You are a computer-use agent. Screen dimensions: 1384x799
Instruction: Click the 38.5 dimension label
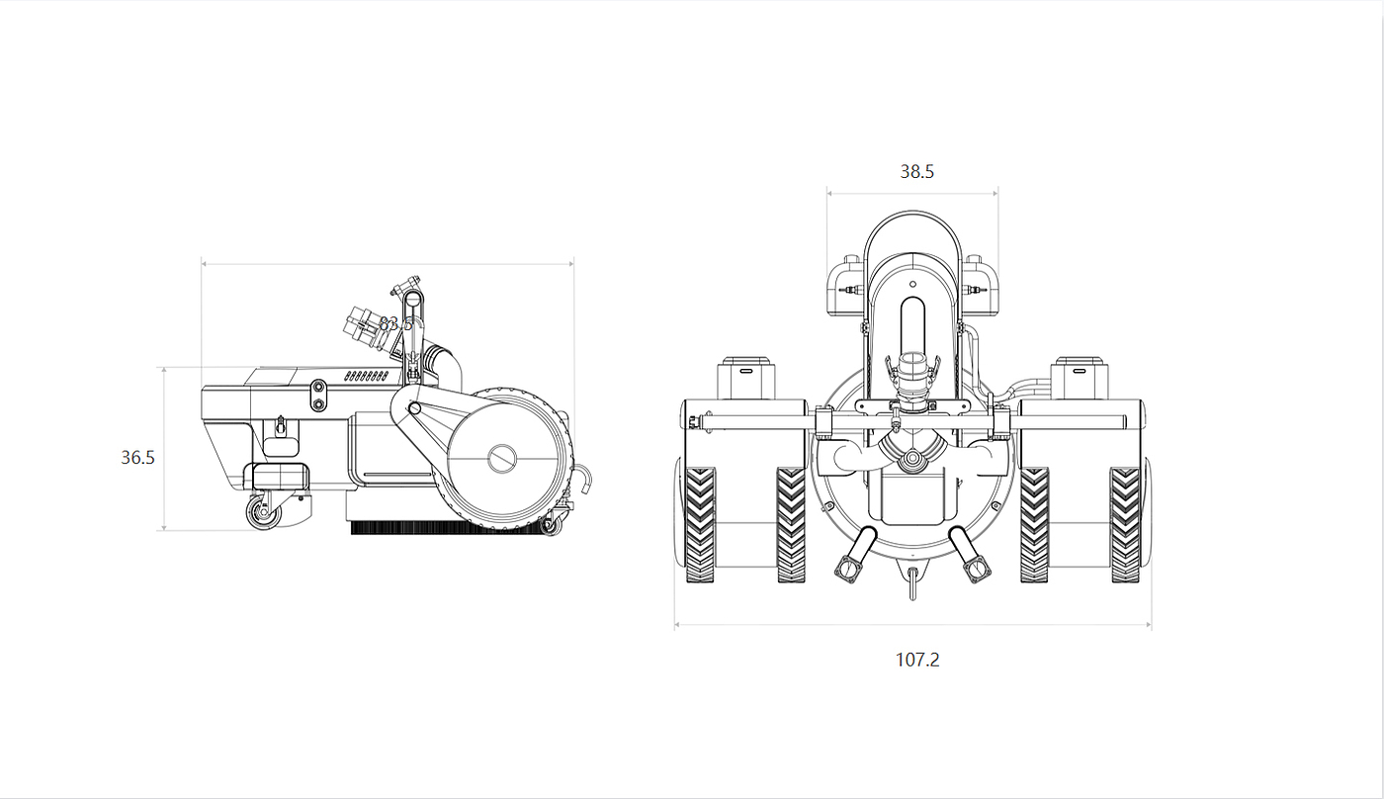point(916,171)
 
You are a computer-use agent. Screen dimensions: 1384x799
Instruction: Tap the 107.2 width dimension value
point(917,660)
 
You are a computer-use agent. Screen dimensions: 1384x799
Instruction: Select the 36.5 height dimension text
point(138,458)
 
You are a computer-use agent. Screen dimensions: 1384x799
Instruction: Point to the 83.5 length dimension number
point(395,323)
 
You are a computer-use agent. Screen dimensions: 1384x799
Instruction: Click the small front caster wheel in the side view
point(260,514)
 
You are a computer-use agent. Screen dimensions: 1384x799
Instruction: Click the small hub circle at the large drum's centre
point(502,457)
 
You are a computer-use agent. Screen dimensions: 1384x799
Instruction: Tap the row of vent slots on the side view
point(365,377)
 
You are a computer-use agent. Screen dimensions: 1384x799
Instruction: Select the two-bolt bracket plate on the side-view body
point(318,396)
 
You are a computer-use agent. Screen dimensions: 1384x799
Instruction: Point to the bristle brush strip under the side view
point(445,528)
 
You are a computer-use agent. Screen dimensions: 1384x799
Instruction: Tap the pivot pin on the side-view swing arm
point(415,407)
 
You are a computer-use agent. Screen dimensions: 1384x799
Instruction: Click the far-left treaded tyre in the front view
point(701,524)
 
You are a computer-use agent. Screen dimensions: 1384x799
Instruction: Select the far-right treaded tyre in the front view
point(1125,524)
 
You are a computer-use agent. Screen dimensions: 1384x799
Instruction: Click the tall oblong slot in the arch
point(912,336)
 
